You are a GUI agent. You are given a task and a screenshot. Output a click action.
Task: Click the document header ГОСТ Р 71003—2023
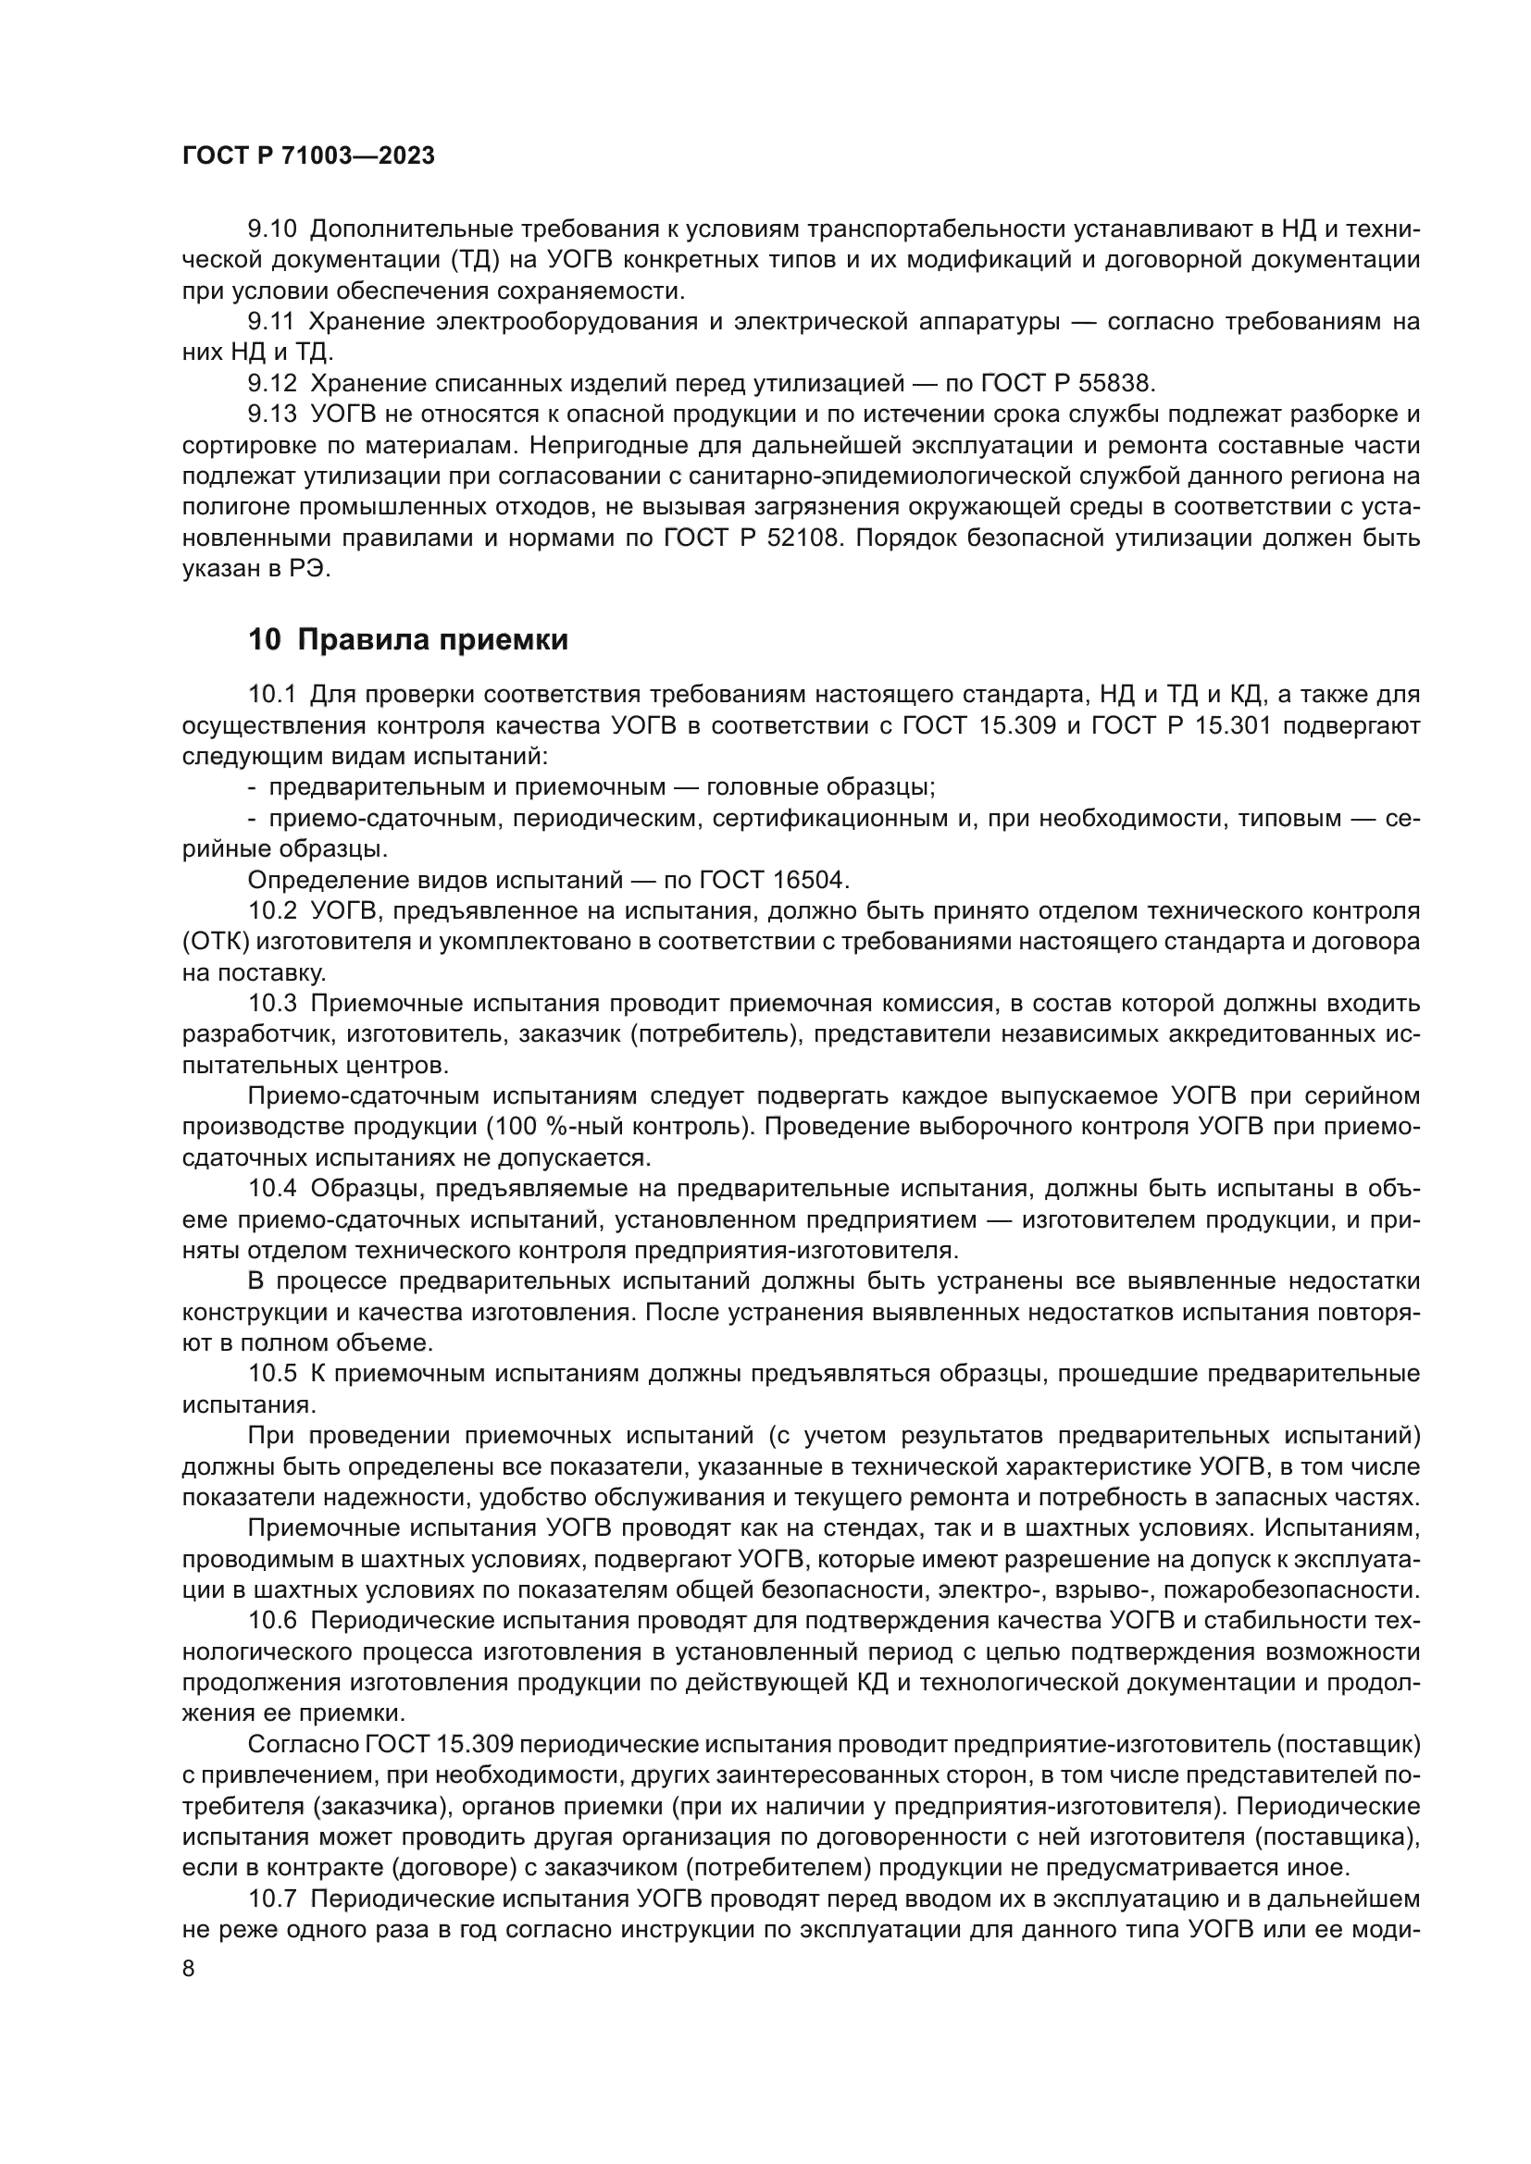pos(308,156)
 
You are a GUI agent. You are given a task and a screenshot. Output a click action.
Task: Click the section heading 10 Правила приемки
pos(408,640)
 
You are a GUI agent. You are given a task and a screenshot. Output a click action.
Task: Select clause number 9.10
pos(271,229)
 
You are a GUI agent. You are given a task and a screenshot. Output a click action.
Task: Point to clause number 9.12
pos(271,384)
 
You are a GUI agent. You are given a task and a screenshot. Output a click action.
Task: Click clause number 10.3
pos(271,1004)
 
